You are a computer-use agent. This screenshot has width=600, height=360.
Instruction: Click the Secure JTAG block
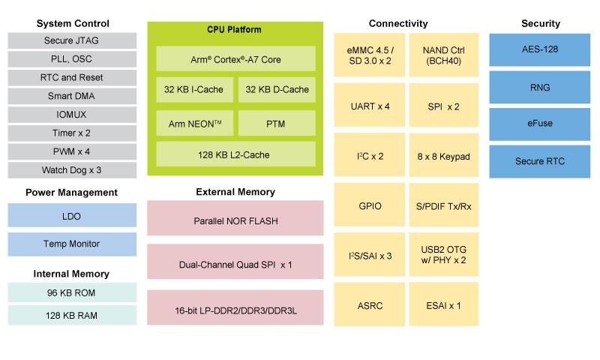coord(73,41)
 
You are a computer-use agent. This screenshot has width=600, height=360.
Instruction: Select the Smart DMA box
coord(73,96)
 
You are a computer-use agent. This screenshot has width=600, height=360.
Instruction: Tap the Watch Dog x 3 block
coord(73,169)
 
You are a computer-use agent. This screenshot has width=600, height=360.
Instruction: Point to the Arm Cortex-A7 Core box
coord(235,58)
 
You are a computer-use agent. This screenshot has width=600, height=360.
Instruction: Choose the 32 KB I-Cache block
coord(193,89)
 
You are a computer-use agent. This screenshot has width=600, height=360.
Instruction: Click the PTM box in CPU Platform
coord(277,123)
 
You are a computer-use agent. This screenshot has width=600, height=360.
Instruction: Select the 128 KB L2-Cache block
coord(235,154)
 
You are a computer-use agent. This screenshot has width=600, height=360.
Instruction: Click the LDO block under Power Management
coord(73,216)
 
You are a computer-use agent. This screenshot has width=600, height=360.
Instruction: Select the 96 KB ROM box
coord(73,292)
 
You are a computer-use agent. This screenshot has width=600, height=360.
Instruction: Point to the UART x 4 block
coord(370,106)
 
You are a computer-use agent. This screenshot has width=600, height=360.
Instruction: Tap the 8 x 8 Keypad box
coord(443,156)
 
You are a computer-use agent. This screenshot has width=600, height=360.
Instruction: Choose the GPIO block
coord(370,205)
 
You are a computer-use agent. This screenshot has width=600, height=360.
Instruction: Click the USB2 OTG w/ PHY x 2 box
coord(443,255)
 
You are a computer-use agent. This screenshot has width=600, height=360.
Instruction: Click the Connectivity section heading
coord(398,24)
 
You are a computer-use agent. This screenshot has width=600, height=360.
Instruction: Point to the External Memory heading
coord(235,192)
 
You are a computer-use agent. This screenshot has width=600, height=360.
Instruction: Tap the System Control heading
coord(73,24)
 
